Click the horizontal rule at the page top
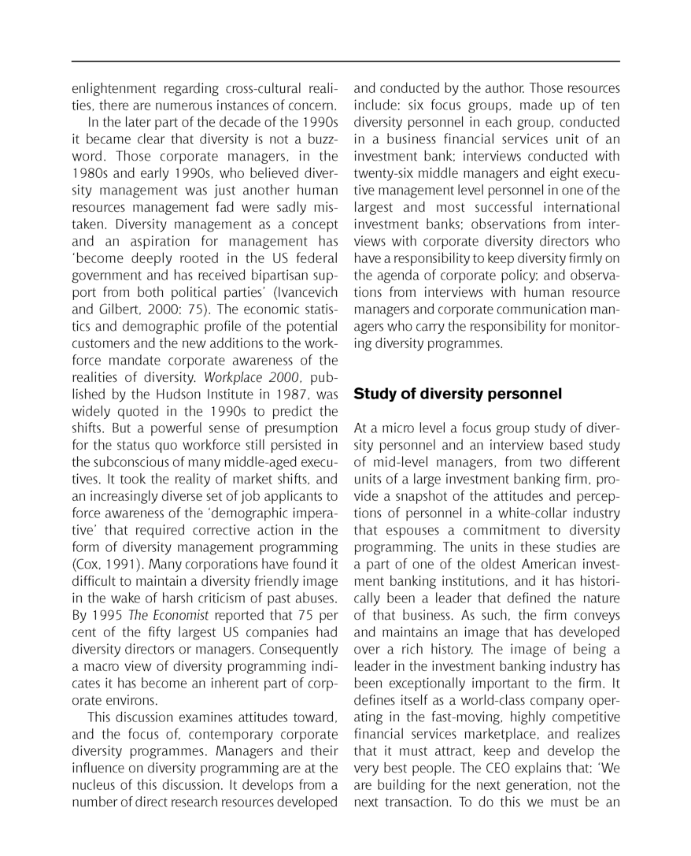345,61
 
